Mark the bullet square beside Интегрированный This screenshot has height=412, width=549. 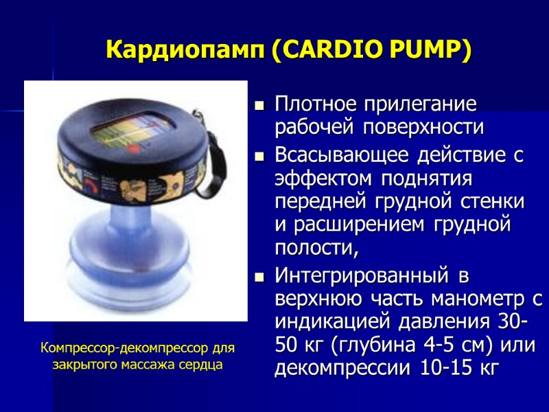pos(259,277)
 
